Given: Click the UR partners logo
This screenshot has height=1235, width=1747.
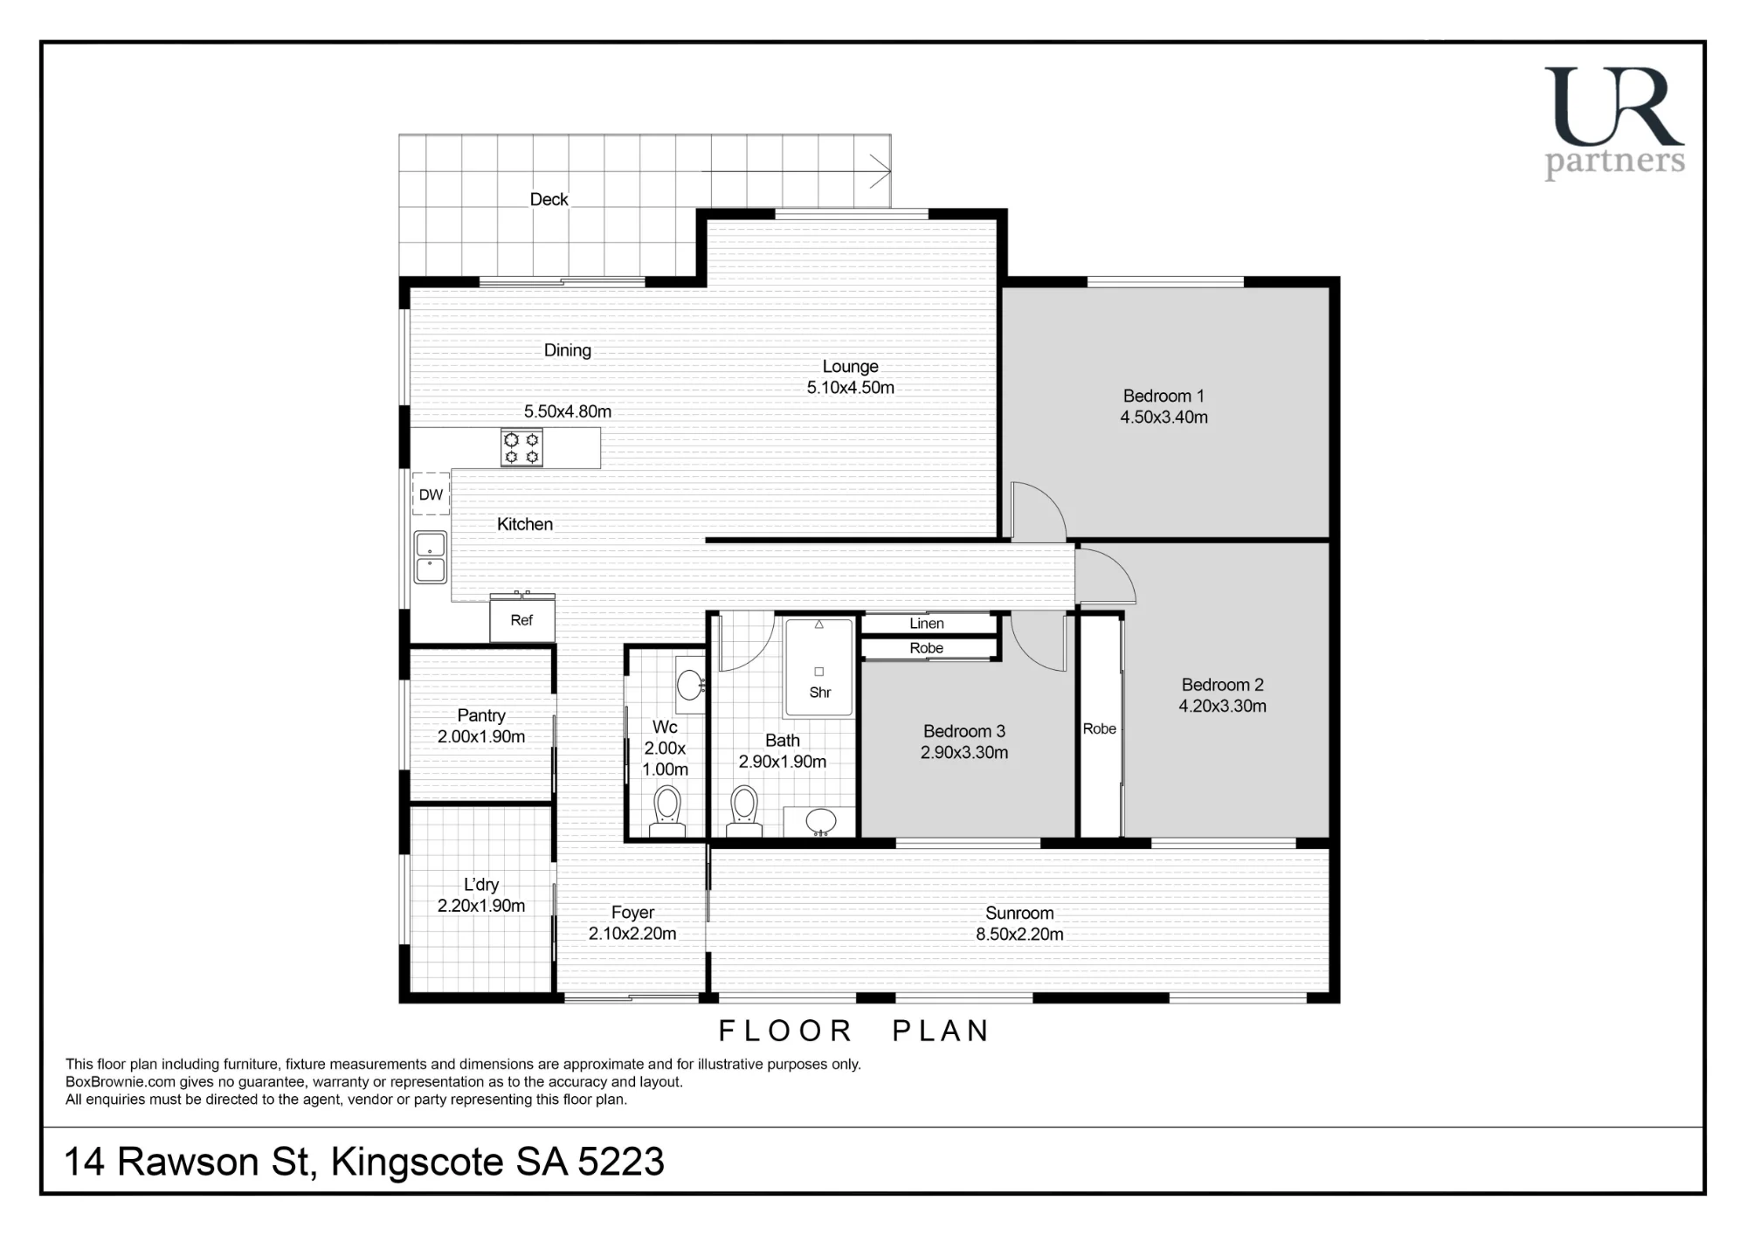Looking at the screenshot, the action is [1614, 123].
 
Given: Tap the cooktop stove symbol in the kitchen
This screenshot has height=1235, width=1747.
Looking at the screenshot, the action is [521, 448].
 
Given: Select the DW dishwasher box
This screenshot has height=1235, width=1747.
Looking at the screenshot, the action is [431, 494].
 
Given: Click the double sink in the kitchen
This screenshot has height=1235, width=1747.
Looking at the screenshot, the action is [430, 557].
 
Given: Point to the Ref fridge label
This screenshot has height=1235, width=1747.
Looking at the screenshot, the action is [521, 620].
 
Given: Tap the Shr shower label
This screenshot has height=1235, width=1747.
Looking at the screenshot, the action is [820, 693].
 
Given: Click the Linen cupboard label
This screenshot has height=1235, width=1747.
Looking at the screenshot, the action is [927, 624].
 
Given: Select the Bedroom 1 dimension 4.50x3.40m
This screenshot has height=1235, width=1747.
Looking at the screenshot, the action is [1164, 417].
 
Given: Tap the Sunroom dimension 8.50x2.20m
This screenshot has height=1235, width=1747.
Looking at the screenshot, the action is [1019, 935].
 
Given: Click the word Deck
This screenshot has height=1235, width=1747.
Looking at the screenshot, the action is [549, 199].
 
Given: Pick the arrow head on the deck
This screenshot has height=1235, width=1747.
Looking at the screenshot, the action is [880, 171].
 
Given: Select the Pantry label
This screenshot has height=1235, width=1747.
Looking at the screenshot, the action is [481, 715].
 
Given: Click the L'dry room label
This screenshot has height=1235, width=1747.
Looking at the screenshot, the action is [481, 885].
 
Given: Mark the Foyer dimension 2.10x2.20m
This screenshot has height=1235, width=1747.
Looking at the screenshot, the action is [632, 934].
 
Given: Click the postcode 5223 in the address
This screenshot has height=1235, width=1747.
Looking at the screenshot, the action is [621, 1163].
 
